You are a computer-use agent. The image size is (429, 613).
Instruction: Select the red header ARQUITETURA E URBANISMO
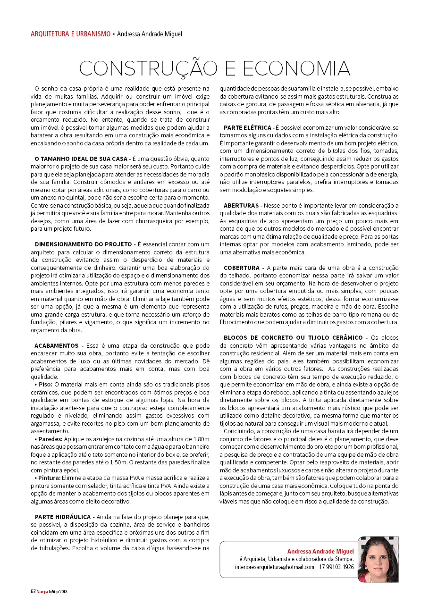pyautogui.click(x=70, y=34)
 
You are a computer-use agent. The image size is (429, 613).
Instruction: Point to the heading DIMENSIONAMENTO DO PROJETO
pyautogui.click(x=84, y=244)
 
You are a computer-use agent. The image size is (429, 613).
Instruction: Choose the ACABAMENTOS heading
pyautogui.click(x=57, y=346)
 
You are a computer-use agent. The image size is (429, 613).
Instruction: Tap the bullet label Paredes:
pyautogui.click(x=49, y=439)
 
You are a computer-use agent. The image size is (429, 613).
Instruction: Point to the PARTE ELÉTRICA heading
pyautogui.click(x=247, y=128)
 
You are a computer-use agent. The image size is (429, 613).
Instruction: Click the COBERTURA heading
pyautogui.click(x=242, y=268)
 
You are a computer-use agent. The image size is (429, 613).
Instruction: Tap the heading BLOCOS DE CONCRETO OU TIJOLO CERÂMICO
pyautogui.click(x=293, y=337)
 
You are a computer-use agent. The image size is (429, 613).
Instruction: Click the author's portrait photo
pyautogui.click(x=378, y=559)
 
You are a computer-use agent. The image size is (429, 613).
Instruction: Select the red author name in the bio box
pyautogui.click(x=320, y=551)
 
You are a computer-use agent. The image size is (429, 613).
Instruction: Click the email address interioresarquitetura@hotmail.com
pyautogui.click(x=274, y=567)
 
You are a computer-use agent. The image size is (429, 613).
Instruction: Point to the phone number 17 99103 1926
pyautogui.click(x=336, y=567)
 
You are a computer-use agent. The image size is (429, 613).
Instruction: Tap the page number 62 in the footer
pyautogui.click(x=33, y=591)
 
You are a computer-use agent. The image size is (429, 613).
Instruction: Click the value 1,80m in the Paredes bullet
pyautogui.click(x=201, y=439)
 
